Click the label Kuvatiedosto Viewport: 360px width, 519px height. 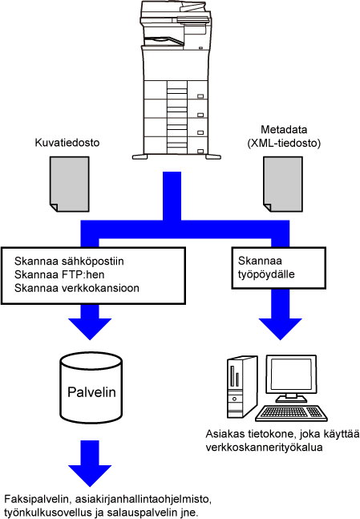tap(67, 143)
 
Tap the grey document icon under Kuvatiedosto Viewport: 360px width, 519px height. tap(70, 184)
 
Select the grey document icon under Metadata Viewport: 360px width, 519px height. tap(283, 184)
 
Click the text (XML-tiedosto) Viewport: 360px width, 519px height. tap(284, 144)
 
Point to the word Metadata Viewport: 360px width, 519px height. tap(284, 129)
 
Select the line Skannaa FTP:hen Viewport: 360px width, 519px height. tap(59, 274)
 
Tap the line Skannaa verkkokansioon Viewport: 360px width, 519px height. tap(77, 288)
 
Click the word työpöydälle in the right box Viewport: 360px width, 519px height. tap(266, 274)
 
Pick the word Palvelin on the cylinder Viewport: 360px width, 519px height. tap(91, 392)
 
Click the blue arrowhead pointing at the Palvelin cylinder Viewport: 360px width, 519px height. tap(90, 329)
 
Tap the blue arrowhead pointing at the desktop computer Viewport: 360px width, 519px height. tap(281, 329)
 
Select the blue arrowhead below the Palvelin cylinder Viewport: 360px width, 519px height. tap(90, 476)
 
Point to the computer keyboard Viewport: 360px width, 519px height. tap(292, 413)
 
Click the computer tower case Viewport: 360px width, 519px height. tap(242, 387)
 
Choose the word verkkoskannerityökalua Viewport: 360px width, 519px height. tap(264, 448)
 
